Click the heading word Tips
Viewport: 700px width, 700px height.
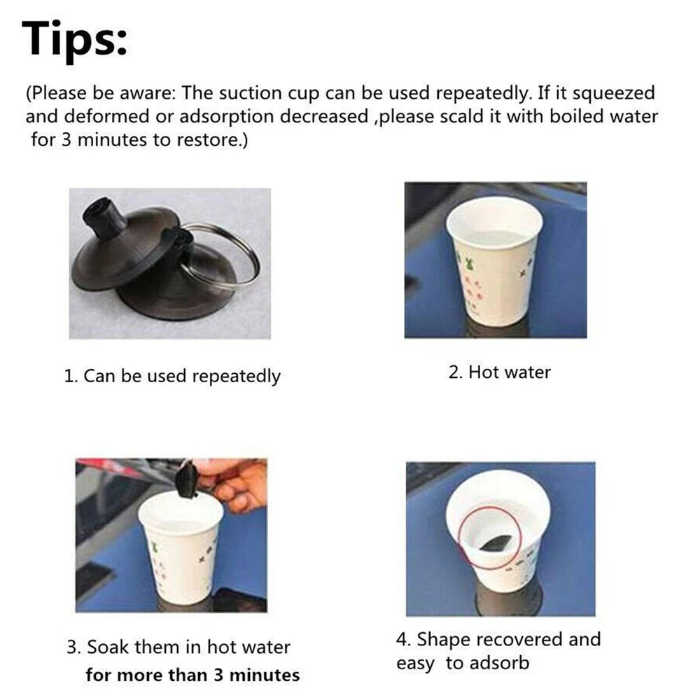point(75,40)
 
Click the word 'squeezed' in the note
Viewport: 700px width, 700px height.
point(613,93)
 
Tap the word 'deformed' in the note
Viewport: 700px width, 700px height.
point(106,116)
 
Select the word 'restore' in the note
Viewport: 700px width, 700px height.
point(209,140)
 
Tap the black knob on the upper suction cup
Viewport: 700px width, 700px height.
point(104,218)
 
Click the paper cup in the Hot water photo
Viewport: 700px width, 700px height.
point(494,262)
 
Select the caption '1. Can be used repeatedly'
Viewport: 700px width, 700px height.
point(172,377)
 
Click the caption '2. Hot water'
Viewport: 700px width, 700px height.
point(500,372)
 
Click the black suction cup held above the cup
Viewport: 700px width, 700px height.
point(187,482)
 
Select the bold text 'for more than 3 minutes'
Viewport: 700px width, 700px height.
point(193,675)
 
